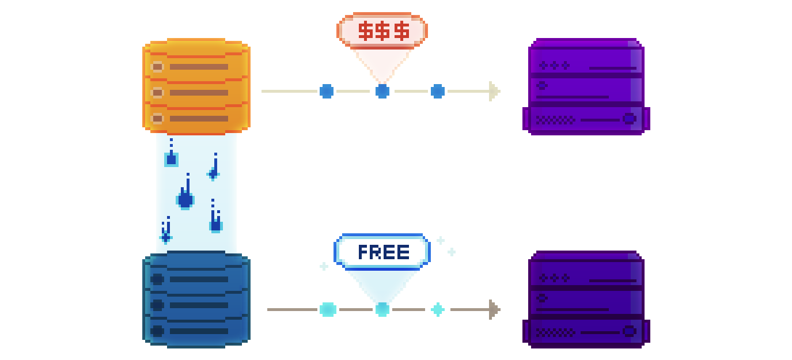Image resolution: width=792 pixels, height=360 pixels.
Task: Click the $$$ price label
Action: [x=382, y=31]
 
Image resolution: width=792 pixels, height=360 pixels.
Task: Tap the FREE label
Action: [x=382, y=252]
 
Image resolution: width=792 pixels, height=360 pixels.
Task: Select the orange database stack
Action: [x=196, y=86]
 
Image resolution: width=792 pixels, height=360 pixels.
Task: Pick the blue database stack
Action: [x=196, y=300]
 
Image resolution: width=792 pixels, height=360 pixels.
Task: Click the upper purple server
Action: [x=586, y=86]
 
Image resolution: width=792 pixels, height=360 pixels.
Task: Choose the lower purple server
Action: [x=586, y=300]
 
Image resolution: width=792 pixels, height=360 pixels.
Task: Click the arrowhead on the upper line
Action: [x=494, y=91]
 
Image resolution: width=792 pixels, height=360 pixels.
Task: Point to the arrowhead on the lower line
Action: [x=494, y=309]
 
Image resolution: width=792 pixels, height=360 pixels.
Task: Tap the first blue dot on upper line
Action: [x=327, y=91]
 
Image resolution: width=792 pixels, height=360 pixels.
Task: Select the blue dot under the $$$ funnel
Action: [x=382, y=91]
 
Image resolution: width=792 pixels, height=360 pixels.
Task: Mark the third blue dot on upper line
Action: [x=438, y=91]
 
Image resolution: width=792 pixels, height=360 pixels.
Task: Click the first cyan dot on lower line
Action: [x=328, y=309]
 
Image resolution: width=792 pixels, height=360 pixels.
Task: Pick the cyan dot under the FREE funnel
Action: [x=382, y=309]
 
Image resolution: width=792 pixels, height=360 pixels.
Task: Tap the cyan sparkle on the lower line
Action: [x=438, y=309]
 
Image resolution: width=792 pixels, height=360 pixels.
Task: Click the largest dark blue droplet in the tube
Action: [x=185, y=200]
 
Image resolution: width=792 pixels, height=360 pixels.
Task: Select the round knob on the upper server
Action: [x=629, y=119]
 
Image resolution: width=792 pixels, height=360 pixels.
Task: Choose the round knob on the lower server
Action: [x=629, y=331]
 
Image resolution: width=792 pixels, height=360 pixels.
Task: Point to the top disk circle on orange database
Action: [x=157, y=67]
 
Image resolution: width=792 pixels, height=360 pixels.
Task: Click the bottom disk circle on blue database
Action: [x=157, y=331]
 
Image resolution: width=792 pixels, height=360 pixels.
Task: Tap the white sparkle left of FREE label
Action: [x=324, y=266]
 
